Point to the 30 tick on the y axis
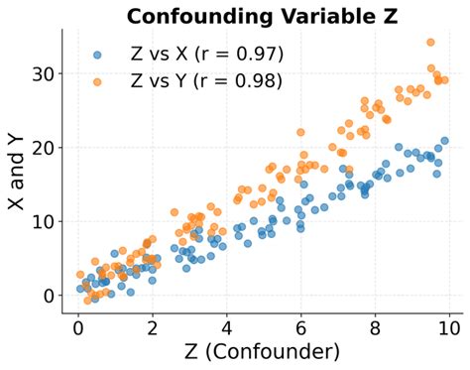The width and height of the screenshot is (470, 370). click(x=41, y=73)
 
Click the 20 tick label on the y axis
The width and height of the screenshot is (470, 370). click(x=41, y=148)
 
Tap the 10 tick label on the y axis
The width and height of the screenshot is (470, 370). click(x=41, y=221)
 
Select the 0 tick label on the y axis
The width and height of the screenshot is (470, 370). click(x=47, y=296)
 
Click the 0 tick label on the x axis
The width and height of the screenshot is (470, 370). click(x=78, y=328)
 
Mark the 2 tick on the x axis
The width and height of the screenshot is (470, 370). click(x=153, y=328)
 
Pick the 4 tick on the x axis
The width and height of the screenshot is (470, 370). click(x=227, y=328)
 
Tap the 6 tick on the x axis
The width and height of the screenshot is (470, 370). click(x=301, y=328)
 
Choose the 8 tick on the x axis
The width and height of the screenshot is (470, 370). click(x=376, y=328)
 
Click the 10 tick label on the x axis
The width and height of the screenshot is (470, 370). click(x=450, y=328)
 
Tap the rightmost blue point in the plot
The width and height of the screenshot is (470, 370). click(x=445, y=141)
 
